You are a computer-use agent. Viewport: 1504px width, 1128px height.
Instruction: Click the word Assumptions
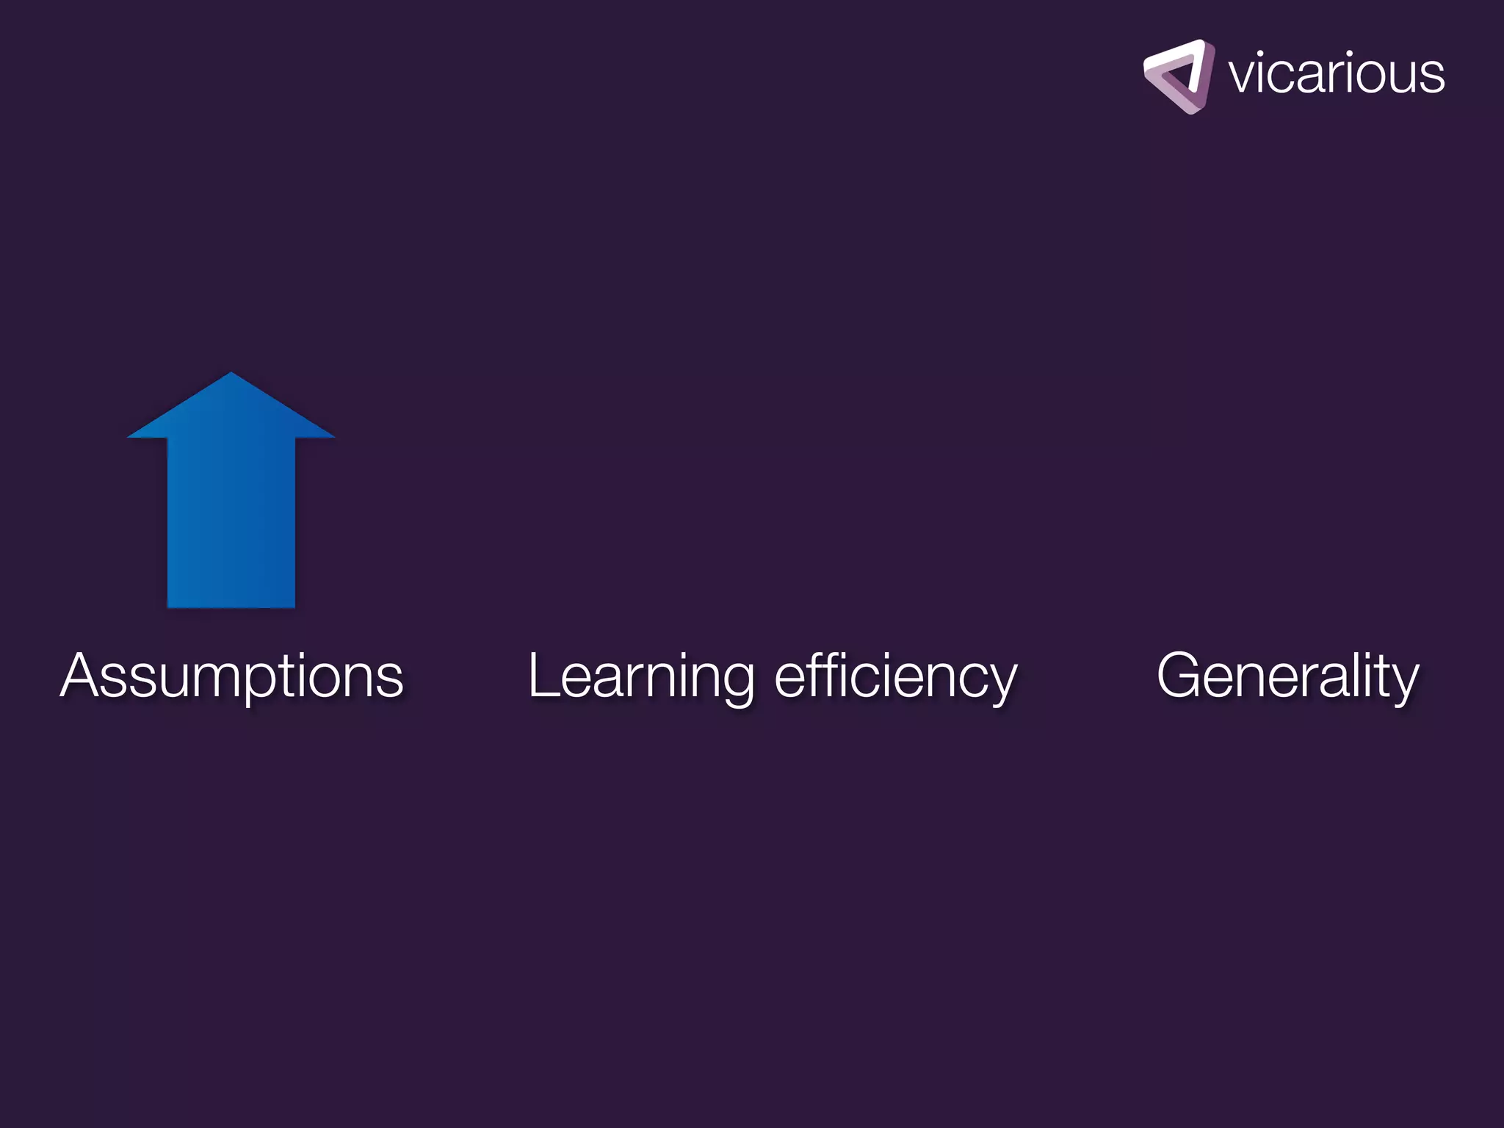(x=231, y=676)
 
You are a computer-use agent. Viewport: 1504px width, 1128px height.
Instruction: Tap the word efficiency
(x=896, y=676)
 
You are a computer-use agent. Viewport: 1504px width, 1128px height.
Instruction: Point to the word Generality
(x=1287, y=676)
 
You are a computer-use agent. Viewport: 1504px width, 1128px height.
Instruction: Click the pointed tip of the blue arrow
(x=231, y=375)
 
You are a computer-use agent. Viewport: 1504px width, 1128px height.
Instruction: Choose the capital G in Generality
(x=1179, y=676)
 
